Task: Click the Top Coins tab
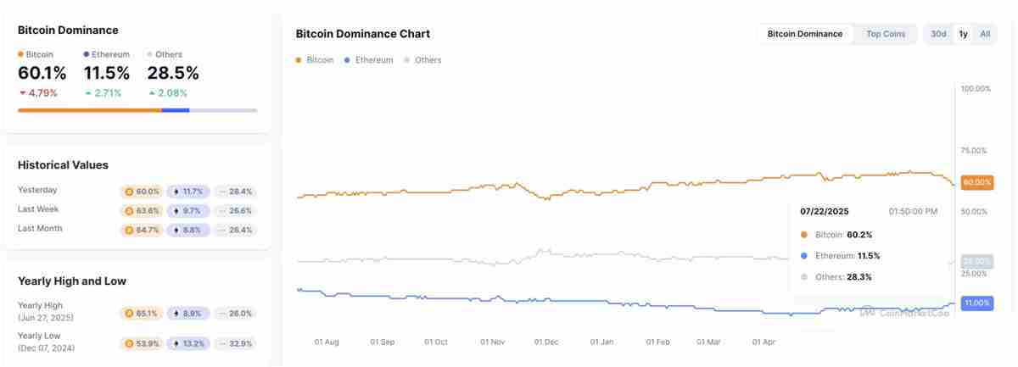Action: click(x=886, y=34)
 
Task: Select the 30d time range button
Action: click(x=938, y=34)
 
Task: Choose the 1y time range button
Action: click(x=963, y=34)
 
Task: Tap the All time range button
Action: click(x=985, y=34)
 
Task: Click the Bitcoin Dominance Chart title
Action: click(x=362, y=34)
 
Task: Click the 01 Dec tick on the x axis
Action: click(x=546, y=342)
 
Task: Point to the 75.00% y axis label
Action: click(x=973, y=151)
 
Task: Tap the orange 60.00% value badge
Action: click(x=976, y=182)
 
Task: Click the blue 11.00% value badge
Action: click(x=976, y=303)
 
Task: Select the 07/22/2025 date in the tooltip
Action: click(x=825, y=211)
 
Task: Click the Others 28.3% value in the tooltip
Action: click(x=859, y=277)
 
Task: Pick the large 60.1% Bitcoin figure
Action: click(x=42, y=74)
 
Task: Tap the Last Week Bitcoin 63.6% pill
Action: click(x=142, y=210)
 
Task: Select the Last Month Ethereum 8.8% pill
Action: click(x=187, y=230)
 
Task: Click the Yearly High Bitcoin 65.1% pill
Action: click(x=142, y=313)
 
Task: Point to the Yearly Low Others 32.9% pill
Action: click(x=235, y=343)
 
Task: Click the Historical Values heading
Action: click(x=63, y=165)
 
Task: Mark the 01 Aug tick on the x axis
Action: click(x=327, y=342)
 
